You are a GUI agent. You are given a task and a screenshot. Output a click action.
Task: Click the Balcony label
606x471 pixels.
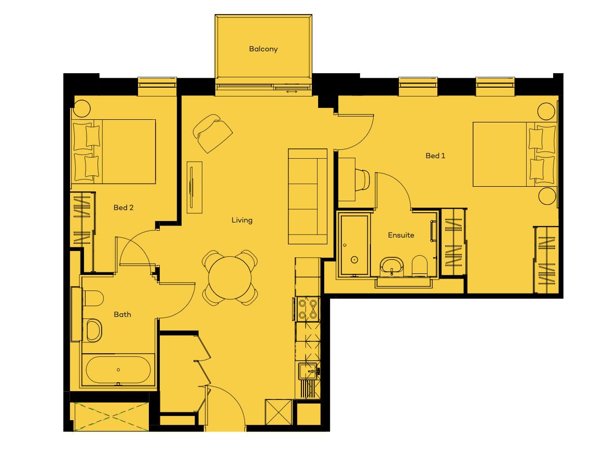coord(263,49)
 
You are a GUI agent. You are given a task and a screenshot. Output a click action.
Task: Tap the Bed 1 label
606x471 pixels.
coord(435,156)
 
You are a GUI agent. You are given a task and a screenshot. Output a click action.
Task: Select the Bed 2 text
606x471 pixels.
coord(123,207)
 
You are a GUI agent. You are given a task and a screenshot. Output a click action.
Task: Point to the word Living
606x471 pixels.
coord(242,220)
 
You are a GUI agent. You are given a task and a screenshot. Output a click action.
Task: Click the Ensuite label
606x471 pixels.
coord(401,235)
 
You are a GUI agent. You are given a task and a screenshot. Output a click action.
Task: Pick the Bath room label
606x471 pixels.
coord(122,314)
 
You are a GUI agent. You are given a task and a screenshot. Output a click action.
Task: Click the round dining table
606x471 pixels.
coord(229,278)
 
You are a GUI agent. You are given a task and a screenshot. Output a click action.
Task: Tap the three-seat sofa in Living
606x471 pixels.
coord(308,196)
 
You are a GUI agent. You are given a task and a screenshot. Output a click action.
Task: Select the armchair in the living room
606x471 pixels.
coord(213,133)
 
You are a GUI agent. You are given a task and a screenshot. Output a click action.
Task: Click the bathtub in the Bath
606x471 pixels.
coord(118,370)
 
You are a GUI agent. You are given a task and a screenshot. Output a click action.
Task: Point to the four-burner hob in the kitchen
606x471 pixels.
coord(308,309)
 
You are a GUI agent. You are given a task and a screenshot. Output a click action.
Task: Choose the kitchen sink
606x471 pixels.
coord(309,371)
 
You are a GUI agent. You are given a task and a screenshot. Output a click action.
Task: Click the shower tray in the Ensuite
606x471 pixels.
coord(354,245)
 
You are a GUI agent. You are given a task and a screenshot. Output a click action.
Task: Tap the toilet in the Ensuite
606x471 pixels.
coord(419,266)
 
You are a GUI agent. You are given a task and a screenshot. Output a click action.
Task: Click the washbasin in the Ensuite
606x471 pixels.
coord(392,266)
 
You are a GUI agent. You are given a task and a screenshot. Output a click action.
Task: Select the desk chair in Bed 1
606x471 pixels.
coord(363,179)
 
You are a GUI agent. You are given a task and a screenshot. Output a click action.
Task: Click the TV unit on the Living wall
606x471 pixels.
coord(195,187)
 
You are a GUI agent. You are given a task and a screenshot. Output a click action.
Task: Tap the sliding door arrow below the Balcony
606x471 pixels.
coord(292,92)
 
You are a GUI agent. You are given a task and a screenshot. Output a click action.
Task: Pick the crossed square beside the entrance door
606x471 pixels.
coord(279,412)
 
